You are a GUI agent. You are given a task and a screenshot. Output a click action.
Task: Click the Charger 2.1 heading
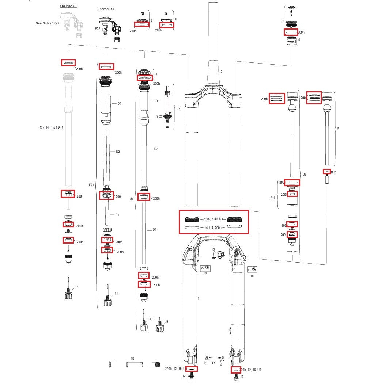[68, 7]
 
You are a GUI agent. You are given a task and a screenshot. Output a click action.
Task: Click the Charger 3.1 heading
[106, 9]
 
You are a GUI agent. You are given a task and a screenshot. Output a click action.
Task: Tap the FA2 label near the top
[98, 28]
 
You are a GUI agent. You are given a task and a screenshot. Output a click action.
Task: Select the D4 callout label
[119, 104]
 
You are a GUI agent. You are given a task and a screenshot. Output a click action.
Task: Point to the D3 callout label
[157, 101]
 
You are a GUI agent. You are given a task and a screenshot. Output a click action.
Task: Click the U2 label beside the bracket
[178, 108]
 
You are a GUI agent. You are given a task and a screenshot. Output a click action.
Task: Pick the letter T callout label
[158, 117]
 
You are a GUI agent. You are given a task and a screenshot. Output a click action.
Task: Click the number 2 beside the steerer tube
[221, 72]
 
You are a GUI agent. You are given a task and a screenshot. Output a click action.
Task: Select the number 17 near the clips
[214, 363]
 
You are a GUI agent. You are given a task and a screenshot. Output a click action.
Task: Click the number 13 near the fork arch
[214, 249]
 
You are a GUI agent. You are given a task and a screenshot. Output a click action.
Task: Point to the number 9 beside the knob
[167, 322]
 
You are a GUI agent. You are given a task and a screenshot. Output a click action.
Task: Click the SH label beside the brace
[272, 198]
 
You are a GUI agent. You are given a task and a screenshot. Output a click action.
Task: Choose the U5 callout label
[305, 175]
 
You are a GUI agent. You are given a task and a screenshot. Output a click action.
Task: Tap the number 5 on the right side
[338, 129]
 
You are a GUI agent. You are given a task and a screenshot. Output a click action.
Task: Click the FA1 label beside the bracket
[92, 185]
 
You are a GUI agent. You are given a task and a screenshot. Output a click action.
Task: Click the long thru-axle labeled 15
[133, 364]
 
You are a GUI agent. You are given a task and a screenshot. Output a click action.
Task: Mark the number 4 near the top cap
[299, 39]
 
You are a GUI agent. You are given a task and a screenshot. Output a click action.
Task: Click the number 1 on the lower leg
[198, 298]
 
